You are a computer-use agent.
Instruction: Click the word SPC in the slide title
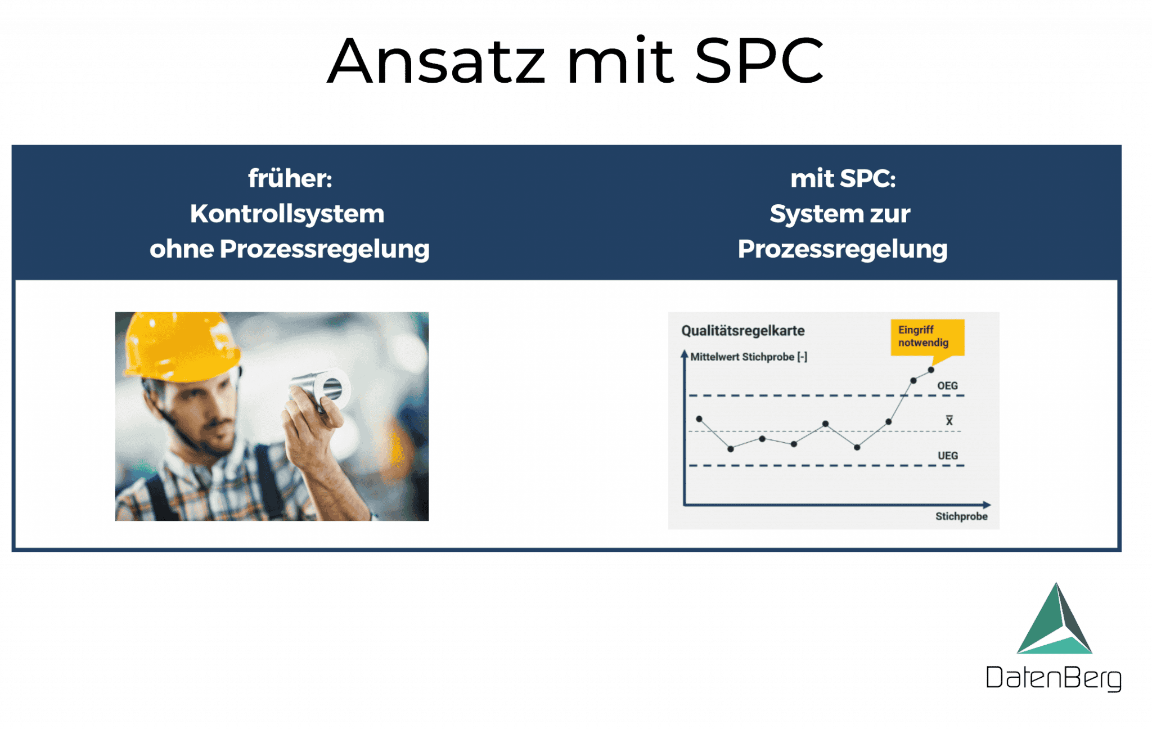click(759, 61)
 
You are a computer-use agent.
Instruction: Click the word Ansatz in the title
click(436, 61)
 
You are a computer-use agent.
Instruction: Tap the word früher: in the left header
click(290, 179)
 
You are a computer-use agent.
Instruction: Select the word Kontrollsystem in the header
click(287, 214)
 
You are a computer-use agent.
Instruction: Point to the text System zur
click(840, 214)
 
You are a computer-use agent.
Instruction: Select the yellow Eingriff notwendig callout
click(927, 337)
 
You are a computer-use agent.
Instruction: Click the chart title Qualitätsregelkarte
click(742, 331)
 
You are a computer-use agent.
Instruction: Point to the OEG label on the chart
click(947, 386)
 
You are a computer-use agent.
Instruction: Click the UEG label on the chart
click(947, 456)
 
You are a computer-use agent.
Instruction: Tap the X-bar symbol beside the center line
click(949, 421)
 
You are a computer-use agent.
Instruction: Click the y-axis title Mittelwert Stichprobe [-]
click(748, 357)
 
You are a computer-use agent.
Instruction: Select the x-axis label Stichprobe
click(961, 516)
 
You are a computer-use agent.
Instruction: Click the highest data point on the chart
click(931, 370)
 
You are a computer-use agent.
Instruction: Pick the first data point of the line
click(699, 419)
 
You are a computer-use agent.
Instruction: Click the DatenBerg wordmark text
click(1054, 677)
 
